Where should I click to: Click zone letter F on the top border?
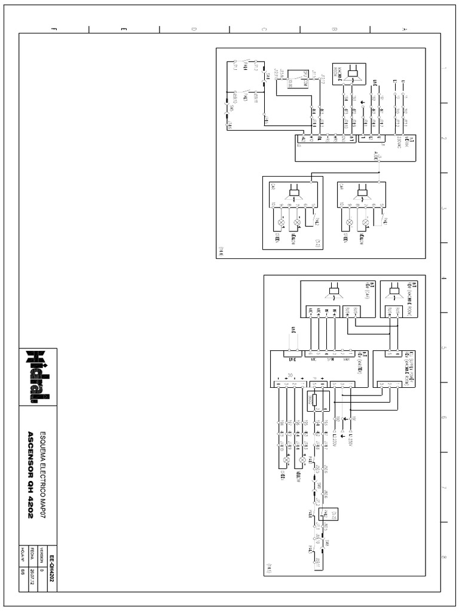coord(54,29)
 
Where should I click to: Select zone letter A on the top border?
coord(405,29)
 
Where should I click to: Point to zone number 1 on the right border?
coord(443,69)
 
